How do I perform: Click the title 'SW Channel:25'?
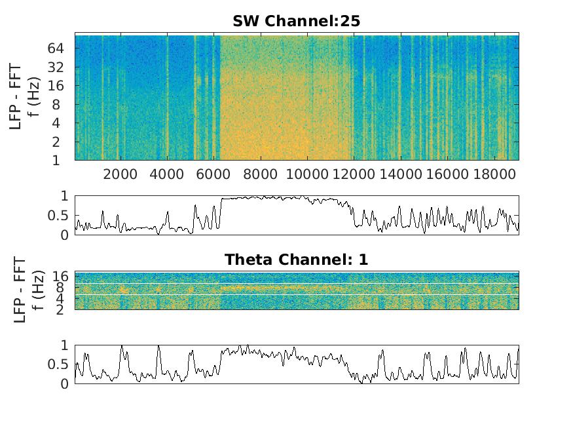(x=296, y=22)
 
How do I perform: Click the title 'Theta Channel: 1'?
(x=296, y=260)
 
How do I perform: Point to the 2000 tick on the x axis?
(x=120, y=174)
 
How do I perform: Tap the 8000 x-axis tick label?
(x=261, y=174)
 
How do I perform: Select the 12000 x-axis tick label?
(x=354, y=174)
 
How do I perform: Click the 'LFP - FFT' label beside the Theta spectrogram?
(x=20, y=290)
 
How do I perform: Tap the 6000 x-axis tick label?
(x=214, y=174)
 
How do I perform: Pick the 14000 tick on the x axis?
(x=400, y=174)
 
